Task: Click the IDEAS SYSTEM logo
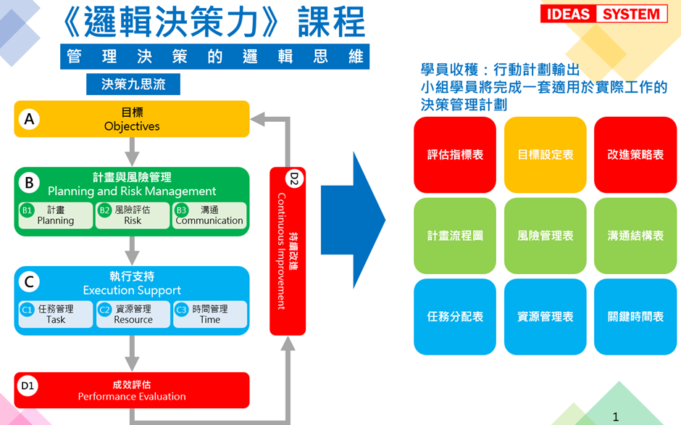(603, 15)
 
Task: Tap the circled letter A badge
(29, 119)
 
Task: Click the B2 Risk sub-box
(133, 215)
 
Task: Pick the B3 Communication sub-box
(209, 215)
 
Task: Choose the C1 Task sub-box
(56, 314)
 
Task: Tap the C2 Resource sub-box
(133, 314)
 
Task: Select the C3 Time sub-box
(210, 314)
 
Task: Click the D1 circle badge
(28, 387)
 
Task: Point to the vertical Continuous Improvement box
(288, 251)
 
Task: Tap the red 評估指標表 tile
(455, 154)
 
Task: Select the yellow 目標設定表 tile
(546, 154)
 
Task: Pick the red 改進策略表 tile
(635, 154)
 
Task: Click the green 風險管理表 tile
(546, 236)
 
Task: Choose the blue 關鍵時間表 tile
(635, 317)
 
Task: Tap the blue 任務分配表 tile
(455, 317)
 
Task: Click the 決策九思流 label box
(133, 84)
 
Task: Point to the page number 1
(616, 417)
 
